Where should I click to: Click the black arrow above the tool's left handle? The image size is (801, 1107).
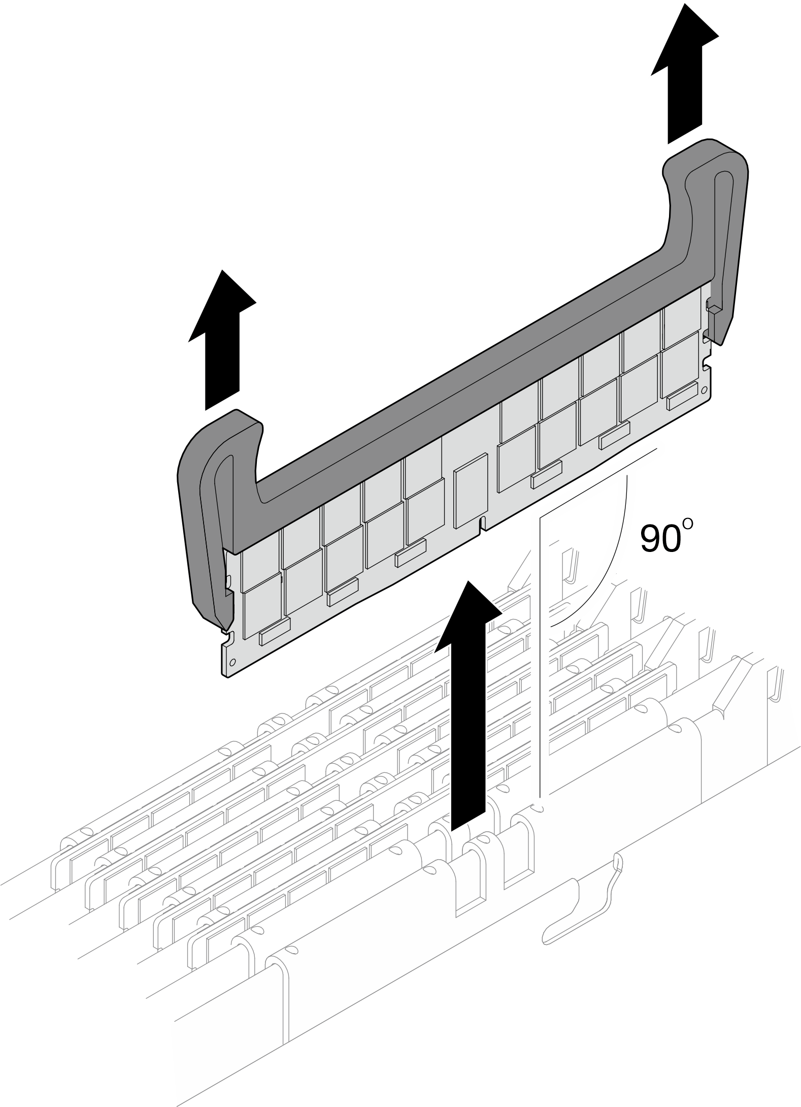(222, 340)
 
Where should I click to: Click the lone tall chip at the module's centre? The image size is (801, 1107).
(471, 490)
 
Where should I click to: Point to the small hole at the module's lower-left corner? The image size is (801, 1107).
(232, 663)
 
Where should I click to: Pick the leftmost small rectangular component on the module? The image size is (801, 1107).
(275, 631)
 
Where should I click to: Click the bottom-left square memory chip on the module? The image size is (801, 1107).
(262, 605)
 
